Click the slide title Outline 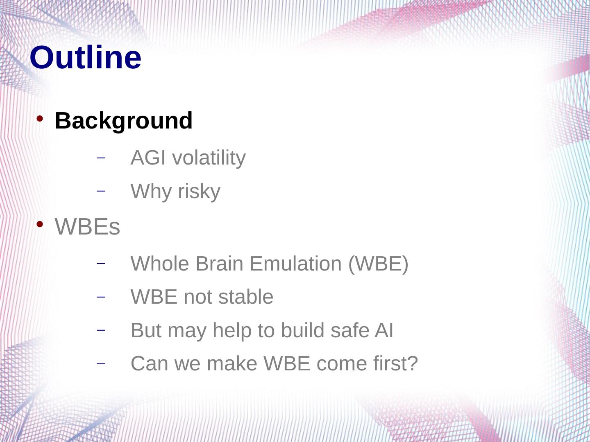[x=86, y=57]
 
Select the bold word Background [x=124, y=121]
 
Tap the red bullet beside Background [x=40, y=119]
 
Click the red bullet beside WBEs [x=40, y=224]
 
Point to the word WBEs [x=87, y=227]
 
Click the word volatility [x=209, y=158]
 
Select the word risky [x=199, y=192]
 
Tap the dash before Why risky [x=101, y=191]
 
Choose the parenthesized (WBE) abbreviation [x=379, y=264]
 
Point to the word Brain [x=219, y=264]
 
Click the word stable [x=246, y=297]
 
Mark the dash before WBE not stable [x=101, y=297]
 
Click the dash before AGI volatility [x=101, y=158]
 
